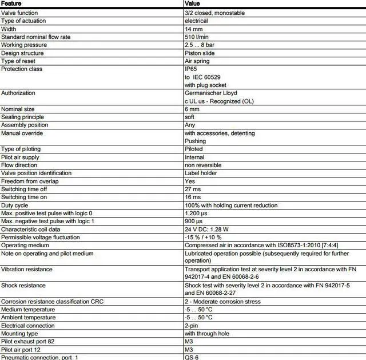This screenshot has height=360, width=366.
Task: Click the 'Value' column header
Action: click(193, 3)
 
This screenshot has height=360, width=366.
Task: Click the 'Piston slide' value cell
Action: click(200, 53)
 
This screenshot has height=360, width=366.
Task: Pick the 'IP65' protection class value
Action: click(190, 69)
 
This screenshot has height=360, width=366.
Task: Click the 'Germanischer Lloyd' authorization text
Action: click(211, 93)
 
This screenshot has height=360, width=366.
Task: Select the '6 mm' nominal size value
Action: click(192, 109)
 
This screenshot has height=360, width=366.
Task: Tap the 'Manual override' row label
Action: click(22, 133)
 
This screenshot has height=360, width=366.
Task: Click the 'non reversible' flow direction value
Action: click(203, 165)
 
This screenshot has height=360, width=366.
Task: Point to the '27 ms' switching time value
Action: click(193, 189)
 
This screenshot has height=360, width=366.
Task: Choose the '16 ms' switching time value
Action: click(193, 197)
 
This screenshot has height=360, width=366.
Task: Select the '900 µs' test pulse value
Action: click(195, 221)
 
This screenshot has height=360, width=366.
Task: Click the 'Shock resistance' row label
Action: click(23, 285)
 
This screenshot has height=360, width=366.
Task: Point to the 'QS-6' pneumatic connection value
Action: click(192, 357)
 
